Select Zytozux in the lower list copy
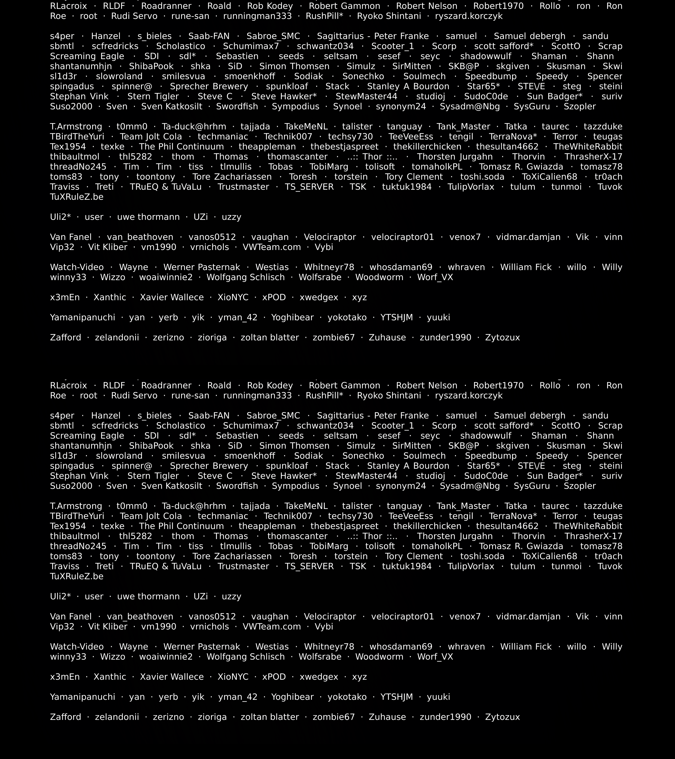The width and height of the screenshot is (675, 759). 502,717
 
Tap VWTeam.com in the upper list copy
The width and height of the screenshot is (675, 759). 272,247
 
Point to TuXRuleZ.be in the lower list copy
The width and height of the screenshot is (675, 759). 76,576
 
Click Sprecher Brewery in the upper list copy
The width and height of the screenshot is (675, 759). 209,87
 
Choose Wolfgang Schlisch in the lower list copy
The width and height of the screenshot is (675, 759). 246,657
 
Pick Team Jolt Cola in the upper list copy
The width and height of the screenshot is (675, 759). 151,137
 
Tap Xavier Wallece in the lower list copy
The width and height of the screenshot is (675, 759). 172,677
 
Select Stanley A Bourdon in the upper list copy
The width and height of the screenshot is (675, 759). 408,87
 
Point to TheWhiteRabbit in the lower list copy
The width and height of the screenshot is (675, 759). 588,526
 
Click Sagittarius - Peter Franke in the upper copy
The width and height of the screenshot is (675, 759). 373,36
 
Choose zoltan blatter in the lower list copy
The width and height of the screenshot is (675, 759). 270,717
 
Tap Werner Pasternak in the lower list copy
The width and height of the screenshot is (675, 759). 202,647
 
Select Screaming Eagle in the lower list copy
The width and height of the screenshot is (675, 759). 87,436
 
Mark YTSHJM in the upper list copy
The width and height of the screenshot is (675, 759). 396,317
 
